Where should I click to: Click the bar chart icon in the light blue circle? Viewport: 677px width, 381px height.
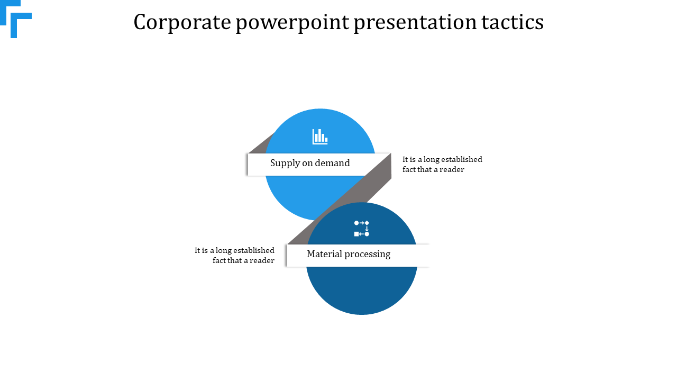[320, 137]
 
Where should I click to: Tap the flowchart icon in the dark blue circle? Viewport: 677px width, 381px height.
[362, 229]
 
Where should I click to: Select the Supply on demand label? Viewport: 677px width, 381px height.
[310, 164]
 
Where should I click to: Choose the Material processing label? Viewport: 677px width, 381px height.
[349, 255]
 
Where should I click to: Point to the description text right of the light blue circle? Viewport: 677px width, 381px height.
[442, 165]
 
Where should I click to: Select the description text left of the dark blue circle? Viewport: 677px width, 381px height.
[235, 255]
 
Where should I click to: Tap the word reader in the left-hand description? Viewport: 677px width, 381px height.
[262, 260]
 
